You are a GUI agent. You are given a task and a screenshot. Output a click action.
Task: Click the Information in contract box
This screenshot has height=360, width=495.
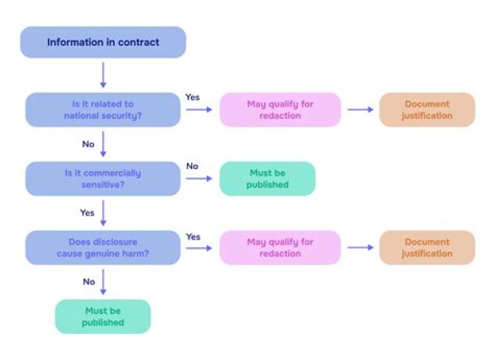103,42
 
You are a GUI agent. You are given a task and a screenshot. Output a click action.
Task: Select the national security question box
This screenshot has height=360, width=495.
103,110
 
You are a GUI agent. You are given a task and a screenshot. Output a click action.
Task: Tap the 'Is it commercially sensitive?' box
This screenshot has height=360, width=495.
103,179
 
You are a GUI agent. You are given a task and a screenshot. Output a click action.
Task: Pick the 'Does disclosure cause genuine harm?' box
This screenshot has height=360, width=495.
103,247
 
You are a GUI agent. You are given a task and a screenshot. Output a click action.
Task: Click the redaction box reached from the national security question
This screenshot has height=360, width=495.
280,110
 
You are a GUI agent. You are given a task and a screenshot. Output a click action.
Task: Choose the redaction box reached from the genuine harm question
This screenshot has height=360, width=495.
280,247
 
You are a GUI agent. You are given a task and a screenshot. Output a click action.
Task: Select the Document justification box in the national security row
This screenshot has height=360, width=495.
427,110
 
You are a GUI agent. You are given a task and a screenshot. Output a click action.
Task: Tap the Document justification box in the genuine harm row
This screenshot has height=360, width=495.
427,247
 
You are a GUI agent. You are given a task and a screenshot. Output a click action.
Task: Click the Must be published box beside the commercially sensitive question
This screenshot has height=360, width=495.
267,179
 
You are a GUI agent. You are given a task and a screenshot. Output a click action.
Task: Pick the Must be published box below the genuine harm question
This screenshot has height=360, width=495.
103,316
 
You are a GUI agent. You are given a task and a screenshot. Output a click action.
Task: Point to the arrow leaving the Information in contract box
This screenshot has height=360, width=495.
103,74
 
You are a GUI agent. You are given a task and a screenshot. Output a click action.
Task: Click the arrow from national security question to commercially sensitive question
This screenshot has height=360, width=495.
103,144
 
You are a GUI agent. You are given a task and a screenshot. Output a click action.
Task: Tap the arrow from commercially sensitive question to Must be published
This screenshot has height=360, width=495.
199,179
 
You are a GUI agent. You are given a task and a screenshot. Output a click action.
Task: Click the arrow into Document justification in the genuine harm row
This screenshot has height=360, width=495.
360,247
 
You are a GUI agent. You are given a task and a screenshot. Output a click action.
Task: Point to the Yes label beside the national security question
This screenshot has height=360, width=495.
192,98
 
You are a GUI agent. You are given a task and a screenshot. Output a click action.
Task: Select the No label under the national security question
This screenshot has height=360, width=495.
88,144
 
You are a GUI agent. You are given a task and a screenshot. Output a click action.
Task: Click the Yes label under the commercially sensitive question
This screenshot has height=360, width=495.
87,213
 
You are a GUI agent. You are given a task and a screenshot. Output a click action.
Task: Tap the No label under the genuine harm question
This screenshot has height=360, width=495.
89,282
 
